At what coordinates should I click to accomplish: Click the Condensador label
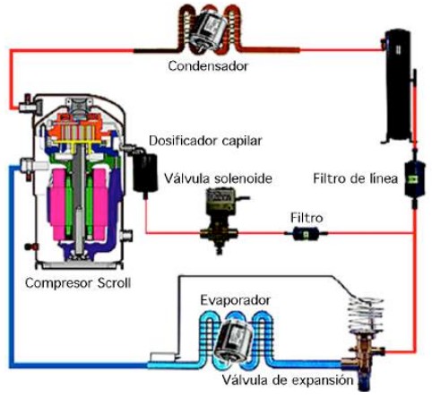tap(208, 65)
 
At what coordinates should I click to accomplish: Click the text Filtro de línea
tap(355, 178)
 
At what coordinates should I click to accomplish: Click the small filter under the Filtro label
tap(306, 233)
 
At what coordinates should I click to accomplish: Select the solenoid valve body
tap(220, 221)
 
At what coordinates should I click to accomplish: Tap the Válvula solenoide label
tap(218, 178)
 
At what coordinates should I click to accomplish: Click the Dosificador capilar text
tap(205, 141)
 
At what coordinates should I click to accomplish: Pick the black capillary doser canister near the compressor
tap(145, 173)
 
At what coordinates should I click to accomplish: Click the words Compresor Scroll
tap(78, 282)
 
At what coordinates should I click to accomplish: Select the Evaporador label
tap(236, 300)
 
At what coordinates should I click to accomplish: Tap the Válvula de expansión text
tap(288, 380)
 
